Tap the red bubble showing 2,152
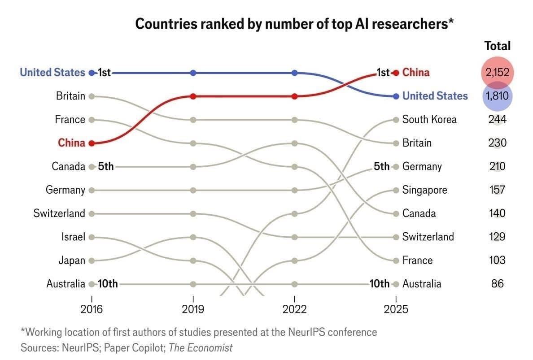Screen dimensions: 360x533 click(497, 72)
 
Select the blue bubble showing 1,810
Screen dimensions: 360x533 click(497, 96)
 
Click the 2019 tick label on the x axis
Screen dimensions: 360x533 click(193, 309)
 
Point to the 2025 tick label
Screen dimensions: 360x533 click(396, 309)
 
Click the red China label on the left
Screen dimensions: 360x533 click(71, 143)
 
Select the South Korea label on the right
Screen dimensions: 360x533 click(429, 119)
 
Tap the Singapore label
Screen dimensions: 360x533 click(424, 190)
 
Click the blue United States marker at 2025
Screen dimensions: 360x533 click(396, 96)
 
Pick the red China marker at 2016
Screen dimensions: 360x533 click(92, 143)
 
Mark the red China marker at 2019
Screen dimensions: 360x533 click(193, 96)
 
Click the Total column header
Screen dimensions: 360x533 click(497, 46)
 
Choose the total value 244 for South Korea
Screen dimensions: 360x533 click(497, 119)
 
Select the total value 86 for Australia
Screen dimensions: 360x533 click(497, 284)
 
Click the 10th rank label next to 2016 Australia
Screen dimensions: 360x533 click(108, 284)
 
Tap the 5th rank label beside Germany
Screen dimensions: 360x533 click(381, 166)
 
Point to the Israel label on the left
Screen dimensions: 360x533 click(73, 237)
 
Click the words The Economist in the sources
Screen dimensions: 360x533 click(201, 347)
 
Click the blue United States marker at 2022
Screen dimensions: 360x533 click(294, 73)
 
